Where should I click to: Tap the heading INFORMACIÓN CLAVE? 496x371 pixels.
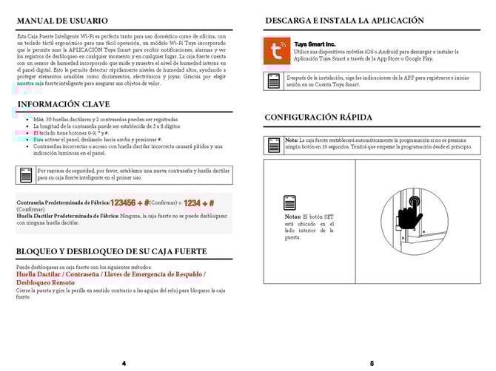[x=63, y=104]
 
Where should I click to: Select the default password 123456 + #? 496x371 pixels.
[x=130, y=202]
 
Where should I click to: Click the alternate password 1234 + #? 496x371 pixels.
[x=199, y=202]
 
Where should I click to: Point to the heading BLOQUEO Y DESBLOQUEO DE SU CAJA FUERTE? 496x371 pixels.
[x=110, y=252]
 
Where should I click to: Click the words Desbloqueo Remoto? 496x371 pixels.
[x=45, y=282]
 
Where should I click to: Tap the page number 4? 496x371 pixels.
[x=124, y=363]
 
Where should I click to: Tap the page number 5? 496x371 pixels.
[x=372, y=363]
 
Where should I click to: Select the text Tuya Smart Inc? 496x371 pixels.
[x=314, y=44]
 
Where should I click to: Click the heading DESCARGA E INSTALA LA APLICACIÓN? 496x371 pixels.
[x=344, y=21]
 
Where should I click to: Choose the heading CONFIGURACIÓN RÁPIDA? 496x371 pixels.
[x=318, y=118]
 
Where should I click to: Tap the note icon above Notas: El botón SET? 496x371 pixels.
[x=291, y=202]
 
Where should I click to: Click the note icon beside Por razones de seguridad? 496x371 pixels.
[x=26, y=174]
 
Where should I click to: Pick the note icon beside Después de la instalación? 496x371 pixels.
[x=274, y=81]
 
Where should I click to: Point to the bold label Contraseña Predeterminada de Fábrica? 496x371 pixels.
[x=63, y=202]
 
